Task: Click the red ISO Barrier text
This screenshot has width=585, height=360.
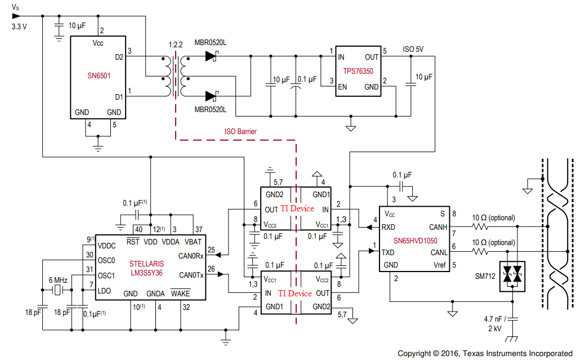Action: click(x=240, y=131)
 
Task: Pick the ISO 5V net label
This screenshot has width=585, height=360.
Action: click(x=413, y=49)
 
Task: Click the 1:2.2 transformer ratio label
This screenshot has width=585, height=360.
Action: click(x=175, y=44)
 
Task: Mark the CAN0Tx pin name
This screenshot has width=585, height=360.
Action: click(x=191, y=275)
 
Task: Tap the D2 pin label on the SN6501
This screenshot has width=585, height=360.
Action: click(x=119, y=57)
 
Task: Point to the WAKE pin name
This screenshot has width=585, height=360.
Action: click(x=181, y=294)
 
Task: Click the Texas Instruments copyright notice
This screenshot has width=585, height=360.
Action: click(x=485, y=353)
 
